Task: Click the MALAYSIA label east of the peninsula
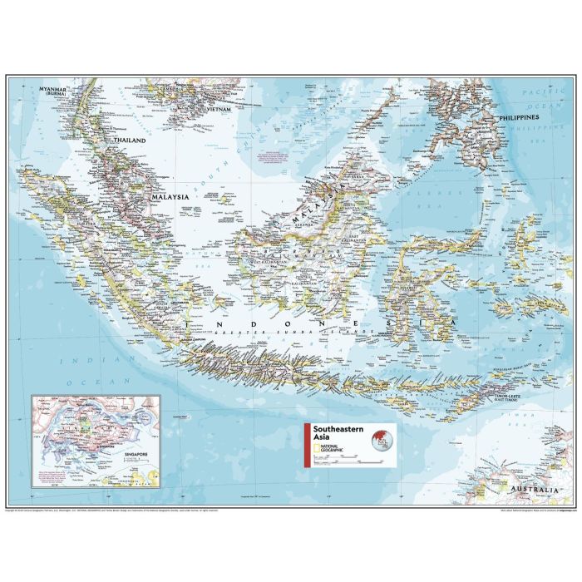click(x=169, y=197)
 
